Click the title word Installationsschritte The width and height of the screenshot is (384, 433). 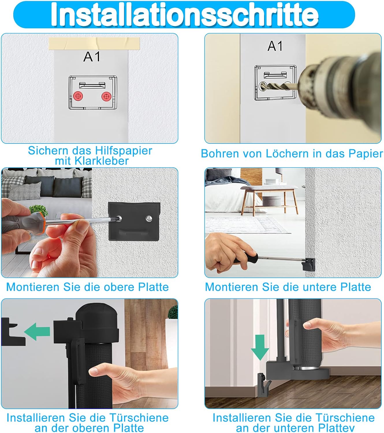(x=185, y=14)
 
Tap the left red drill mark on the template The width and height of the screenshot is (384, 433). (x=78, y=96)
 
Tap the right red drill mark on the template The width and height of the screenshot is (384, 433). (x=106, y=97)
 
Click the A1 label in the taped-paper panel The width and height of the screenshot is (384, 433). (x=92, y=57)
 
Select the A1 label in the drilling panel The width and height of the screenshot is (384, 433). (x=275, y=46)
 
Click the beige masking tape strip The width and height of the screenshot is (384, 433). (x=94, y=44)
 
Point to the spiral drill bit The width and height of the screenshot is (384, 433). (x=279, y=87)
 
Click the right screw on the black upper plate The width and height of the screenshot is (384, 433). (x=149, y=218)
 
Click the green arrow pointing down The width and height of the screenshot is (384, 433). (x=260, y=347)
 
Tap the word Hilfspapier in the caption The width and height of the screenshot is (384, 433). (x=124, y=151)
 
